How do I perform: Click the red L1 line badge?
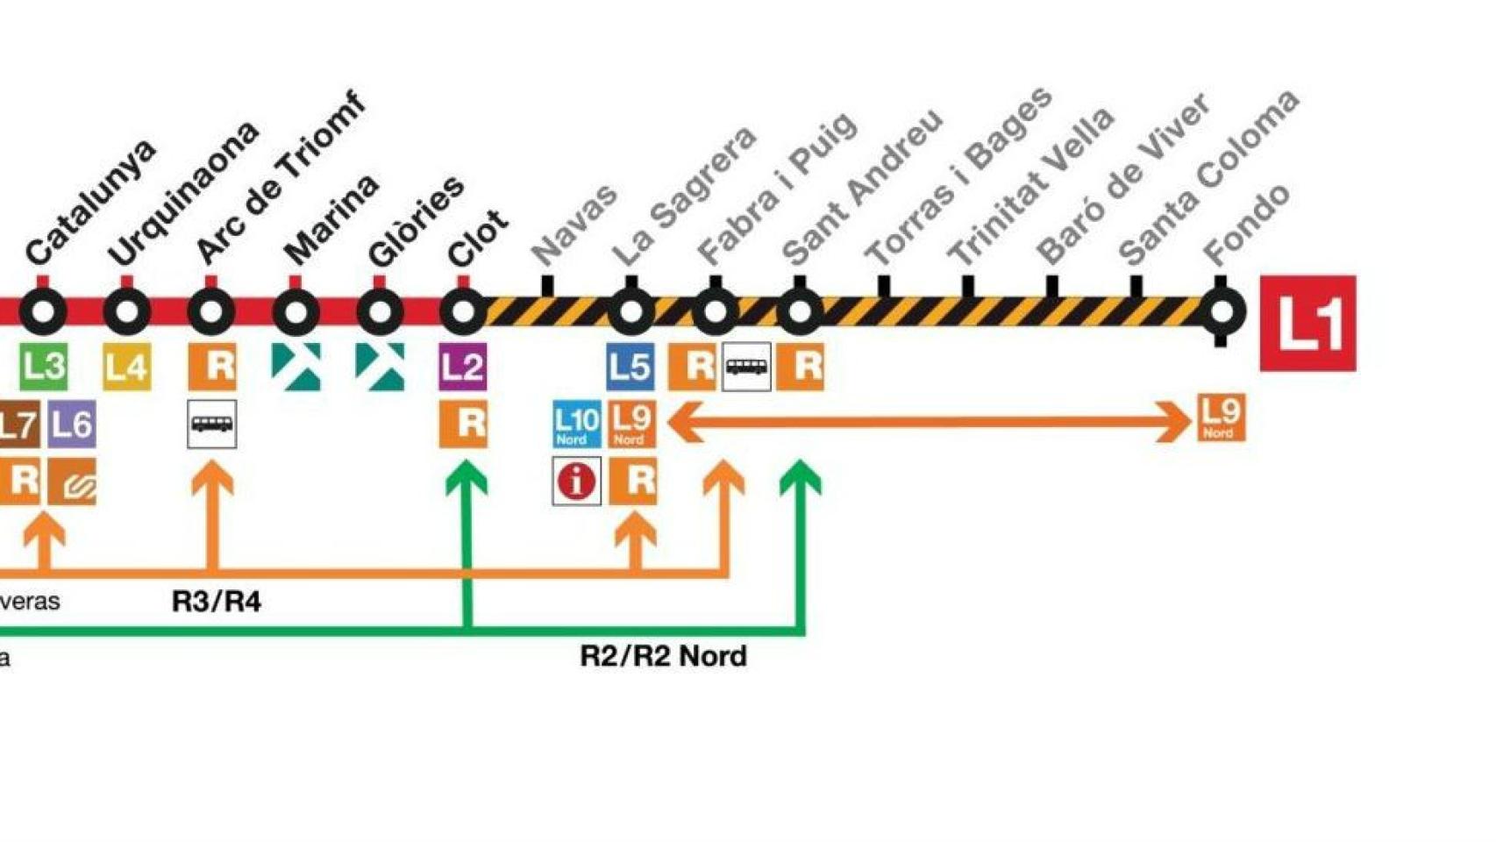click(1307, 323)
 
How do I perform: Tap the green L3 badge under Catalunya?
click(43, 366)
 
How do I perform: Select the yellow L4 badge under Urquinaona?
click(126, 366)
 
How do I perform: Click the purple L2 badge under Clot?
click(463, 366)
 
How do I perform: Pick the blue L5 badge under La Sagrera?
click(630, 366)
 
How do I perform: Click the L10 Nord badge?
click(576, 425)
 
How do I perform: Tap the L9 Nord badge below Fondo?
click(1220, 417)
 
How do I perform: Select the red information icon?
click(576, 481)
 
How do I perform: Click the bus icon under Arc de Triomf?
click(211, 425)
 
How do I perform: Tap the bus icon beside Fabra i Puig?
click(746, 366)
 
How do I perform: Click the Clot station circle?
click(463, 310)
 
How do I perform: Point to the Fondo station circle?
click(1220, 311)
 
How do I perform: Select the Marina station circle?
click(296, 311)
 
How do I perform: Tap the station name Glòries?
click(416, 220)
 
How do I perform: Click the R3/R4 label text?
click(216, 602)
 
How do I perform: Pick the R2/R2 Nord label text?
click(663, 656)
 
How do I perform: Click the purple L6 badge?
click(71, 425)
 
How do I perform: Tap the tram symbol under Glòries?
click(380, 366)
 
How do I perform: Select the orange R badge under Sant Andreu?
click(800, 366)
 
